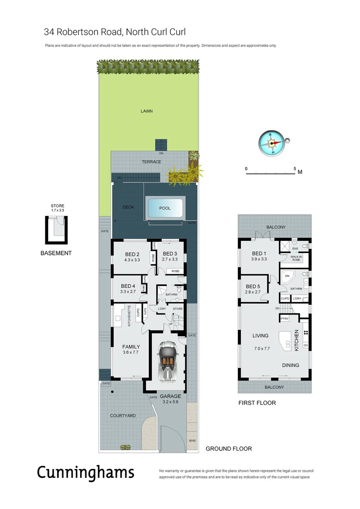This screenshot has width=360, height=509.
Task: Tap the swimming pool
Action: [164, 208]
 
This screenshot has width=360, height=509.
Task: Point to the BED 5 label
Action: [254, 286]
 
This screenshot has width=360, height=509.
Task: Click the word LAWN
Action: [147, 111]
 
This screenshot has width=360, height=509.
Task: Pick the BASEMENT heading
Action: [56, 253]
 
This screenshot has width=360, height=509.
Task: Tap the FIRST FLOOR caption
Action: [257, 403]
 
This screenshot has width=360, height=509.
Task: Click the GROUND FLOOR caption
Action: [229, 449]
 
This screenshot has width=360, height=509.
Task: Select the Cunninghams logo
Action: [85, 472]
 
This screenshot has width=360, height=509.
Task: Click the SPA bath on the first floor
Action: [286, 277]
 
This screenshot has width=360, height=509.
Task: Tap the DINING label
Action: [291, 365]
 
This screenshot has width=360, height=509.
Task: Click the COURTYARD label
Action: [123, 416]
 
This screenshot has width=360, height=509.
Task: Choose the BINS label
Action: [192, 440]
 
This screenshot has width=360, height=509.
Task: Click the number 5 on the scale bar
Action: [295, 168]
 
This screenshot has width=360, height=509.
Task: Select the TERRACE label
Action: [151, 162]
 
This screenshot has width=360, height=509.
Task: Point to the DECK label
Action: [129, 207]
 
